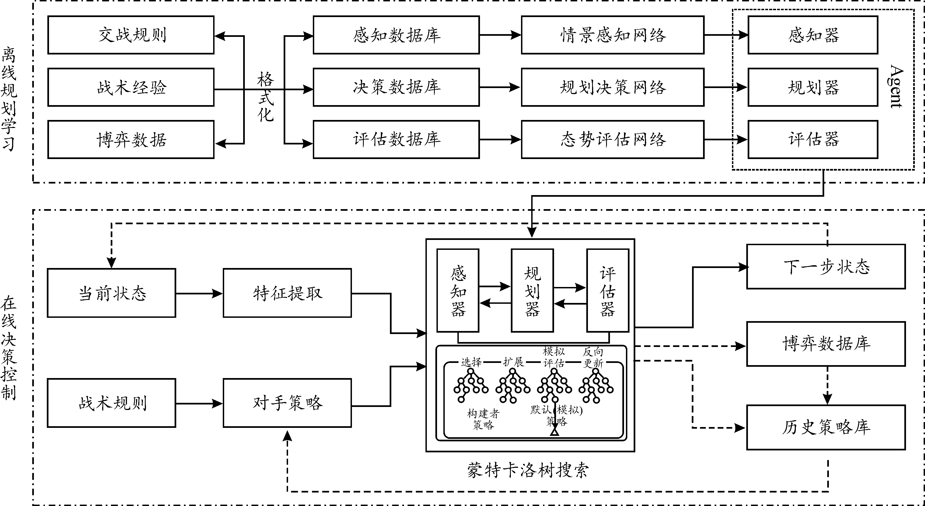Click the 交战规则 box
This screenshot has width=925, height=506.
(x=131, y=35)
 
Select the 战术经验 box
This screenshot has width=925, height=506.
(x=131, y=87)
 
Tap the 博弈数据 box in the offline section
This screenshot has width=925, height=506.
(x=131, y=140)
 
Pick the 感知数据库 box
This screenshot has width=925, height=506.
(x=396, y=35)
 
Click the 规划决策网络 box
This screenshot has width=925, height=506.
(x=613, y=87)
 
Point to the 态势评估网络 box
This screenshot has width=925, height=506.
(x=613, y=140)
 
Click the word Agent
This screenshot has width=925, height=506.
(x=896, y=86)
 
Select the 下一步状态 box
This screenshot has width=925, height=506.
(x=826, y=267)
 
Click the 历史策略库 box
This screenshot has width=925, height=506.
(x=826, y=427)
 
